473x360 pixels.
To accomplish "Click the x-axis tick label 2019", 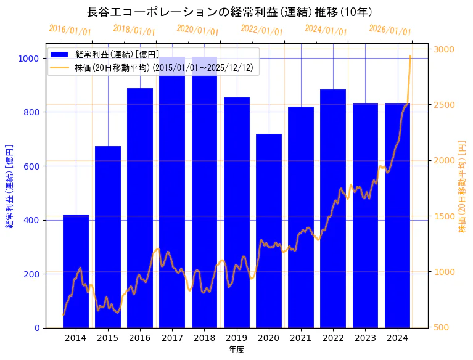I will [237, 338].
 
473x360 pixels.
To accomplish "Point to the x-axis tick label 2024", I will [398, 338].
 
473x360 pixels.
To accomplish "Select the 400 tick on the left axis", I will [31, 220].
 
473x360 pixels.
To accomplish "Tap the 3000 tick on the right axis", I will [445, 49].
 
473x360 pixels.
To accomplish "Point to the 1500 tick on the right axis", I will [445, 216].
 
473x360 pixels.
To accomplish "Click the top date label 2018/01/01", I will [134, 30].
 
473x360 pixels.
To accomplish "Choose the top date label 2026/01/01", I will [390, 30].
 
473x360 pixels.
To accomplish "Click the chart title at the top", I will [229, 12].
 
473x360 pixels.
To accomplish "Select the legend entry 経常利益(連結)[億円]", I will [117, 55].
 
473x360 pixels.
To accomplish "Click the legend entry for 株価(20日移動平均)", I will [163, 68].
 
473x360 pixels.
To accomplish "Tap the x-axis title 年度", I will [236, 350].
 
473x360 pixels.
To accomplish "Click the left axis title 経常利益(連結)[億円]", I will [9, 186].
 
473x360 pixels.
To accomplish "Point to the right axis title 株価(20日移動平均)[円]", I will [463, 186].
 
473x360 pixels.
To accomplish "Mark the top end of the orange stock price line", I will [411, 56].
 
